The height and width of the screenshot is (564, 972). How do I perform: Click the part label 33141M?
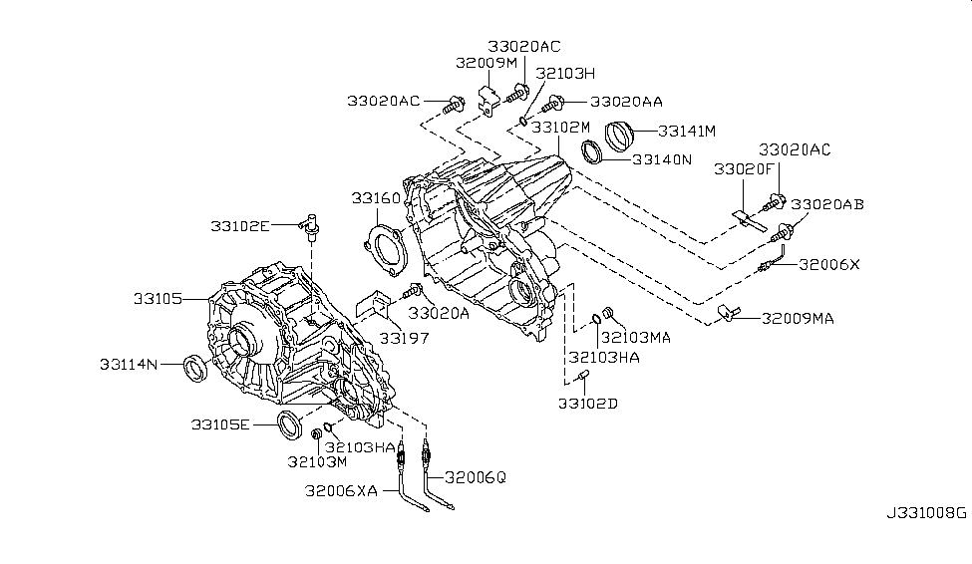tap(688, 131)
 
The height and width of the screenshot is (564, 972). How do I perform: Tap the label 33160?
tap(375, 199)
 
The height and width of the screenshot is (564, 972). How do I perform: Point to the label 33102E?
tap(239, 226)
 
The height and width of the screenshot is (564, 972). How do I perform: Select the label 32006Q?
tap(476, 477)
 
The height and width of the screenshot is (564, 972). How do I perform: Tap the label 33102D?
tap(587, 404)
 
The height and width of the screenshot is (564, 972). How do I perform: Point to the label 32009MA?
tap(798, 319)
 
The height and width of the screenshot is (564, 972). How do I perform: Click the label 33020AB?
tap(828, 204)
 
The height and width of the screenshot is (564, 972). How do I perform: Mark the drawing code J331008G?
tap(926, 514)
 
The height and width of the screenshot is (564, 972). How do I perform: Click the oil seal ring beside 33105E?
tap(291, 423)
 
